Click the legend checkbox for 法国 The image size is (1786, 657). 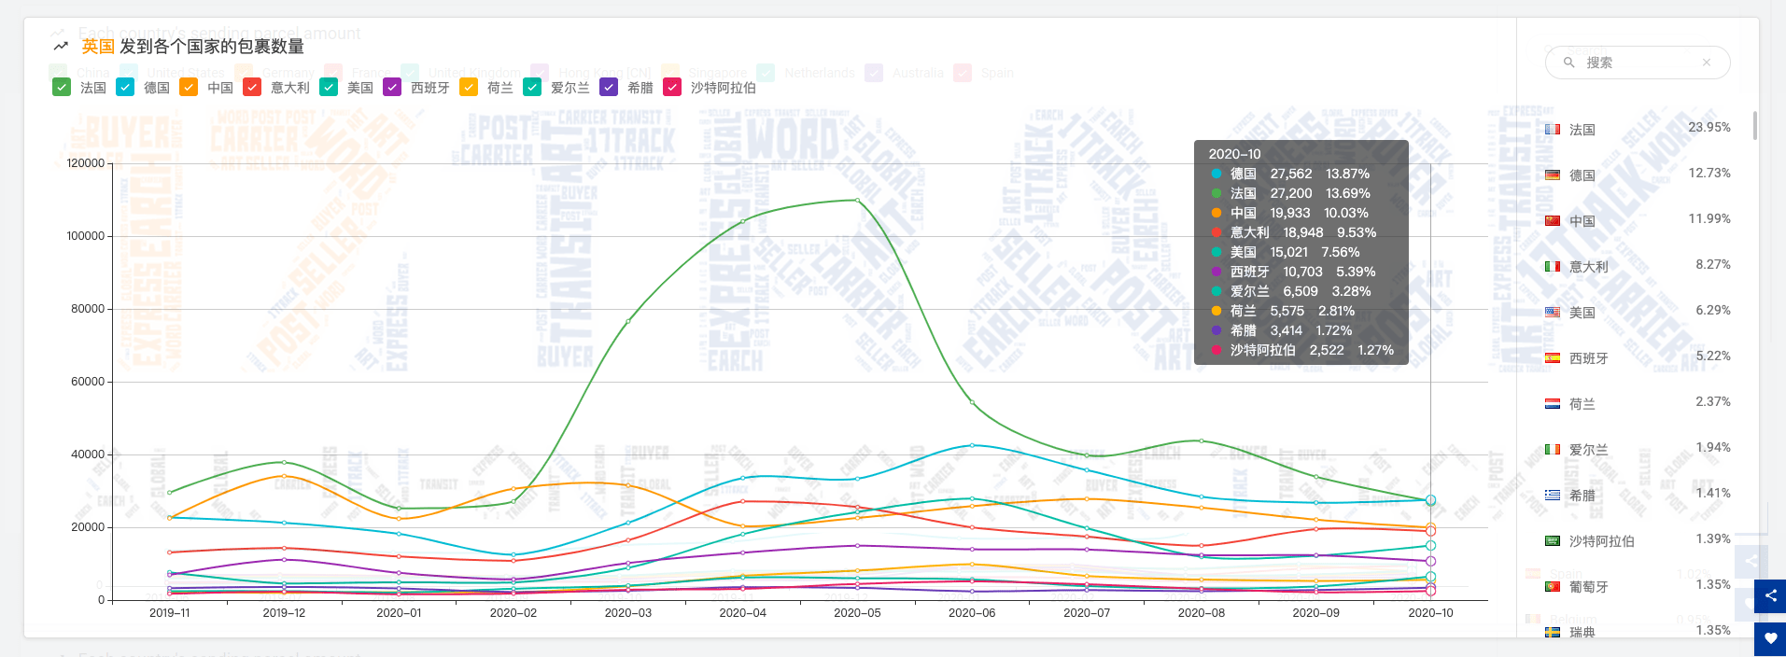coord(62,88)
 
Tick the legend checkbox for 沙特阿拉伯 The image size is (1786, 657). coord(672,88)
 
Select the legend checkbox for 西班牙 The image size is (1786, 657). coord(392,88)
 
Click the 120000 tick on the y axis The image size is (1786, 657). coord(86,163)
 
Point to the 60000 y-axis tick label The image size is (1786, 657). coord(89,382)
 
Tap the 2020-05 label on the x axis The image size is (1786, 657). coord(857,613)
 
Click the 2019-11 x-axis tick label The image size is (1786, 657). coord(169,613)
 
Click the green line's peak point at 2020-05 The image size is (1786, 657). coord(857,200)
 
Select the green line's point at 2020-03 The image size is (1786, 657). coord(628,322)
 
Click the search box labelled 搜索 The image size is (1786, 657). coord(1634,63)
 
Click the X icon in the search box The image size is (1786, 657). coord(1707,63)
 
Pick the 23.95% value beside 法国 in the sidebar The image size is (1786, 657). coord(1709,128)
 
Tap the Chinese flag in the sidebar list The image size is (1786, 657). coord(1553,221)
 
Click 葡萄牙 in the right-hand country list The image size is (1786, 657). coord(1588,587)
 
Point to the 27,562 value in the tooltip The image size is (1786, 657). coord(1290,174)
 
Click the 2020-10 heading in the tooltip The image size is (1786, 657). coord(1234,154)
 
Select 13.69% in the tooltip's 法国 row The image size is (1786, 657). coord(1347,193)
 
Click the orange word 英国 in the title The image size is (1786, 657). coord(98,47)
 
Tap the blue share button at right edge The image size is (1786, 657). coord(1770,595)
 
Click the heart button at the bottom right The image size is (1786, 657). coord(1770,639)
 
